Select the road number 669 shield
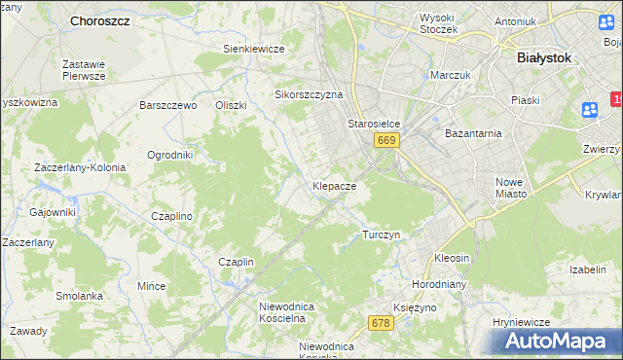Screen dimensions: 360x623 [x=386, y=141]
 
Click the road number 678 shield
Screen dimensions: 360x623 [x=381, y=323]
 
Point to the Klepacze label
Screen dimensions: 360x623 [x=334, y=185]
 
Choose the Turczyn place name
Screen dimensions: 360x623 [x=381, y=235]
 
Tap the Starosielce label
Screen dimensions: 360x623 [x=375, y=125]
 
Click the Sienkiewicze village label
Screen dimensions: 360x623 [x=253, y=49]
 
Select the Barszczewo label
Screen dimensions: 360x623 [x=168, y=105]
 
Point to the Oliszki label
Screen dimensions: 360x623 [x=231, y=105]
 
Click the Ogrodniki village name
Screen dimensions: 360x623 [x=169, y=155]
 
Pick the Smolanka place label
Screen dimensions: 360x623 [x=79, y=296]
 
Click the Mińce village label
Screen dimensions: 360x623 [x=151, y=287]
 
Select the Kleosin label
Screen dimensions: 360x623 [x=452, y=259]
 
